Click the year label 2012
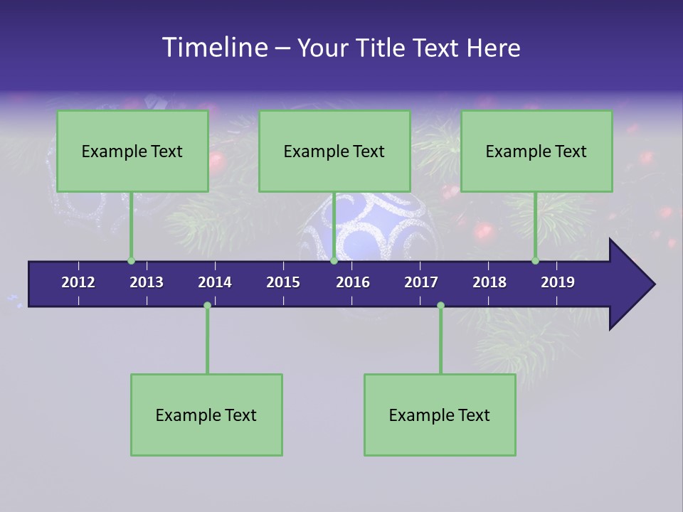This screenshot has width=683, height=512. (x=78, y=282)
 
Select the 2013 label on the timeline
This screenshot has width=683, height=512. (x=147, y=282)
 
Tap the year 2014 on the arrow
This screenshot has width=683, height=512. (x=215, y=282)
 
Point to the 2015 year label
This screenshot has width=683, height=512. (x=283, y=282)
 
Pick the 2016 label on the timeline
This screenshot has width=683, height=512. (x=353, y=282)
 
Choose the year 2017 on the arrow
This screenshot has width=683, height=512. (x=421, y=282)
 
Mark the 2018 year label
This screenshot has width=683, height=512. (x=489, y=282)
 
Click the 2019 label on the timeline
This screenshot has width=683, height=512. (x=558, y=282)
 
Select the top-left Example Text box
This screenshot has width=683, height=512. (x=132, y=151)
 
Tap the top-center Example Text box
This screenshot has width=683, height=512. (x=334, y=151)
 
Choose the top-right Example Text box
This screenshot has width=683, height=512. (x=536, y=151)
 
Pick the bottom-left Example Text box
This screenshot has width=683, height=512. (x=206, y=415)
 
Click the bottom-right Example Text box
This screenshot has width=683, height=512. (x=440, y=415)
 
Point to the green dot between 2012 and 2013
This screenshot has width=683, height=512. (x=131, y=261)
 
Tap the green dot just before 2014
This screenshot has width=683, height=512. (x=207, y=306)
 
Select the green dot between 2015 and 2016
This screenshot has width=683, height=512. (x=334, y=261)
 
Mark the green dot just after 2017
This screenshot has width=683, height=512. (x=440, y=306)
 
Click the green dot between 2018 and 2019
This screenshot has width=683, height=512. (x=535, y=261)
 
